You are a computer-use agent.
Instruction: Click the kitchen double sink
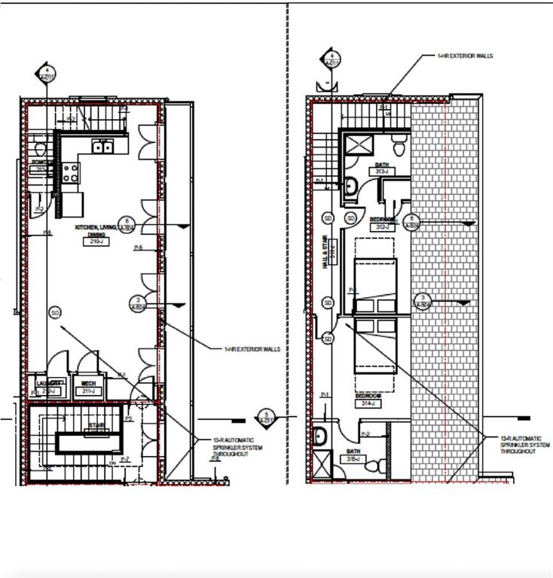point(102,147)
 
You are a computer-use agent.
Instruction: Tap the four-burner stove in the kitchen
point(72,173)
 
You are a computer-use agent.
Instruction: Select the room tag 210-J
point(96,242)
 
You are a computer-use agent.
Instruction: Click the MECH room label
point(89,383)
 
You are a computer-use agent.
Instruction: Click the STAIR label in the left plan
point(96,425)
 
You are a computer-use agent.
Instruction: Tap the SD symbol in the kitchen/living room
point(54,312)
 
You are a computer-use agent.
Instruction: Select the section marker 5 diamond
point(265,416)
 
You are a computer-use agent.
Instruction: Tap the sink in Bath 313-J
point(352,185)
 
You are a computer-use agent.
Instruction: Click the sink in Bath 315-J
point(319,436)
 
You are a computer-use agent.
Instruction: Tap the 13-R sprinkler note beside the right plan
point(519,443)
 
